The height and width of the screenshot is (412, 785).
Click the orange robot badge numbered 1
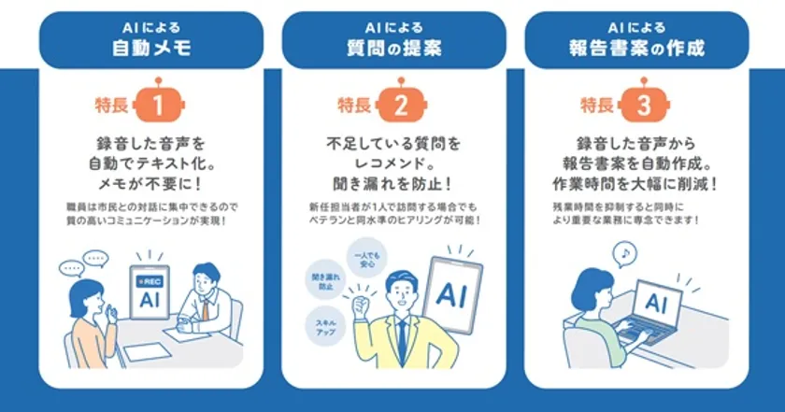[158, 104]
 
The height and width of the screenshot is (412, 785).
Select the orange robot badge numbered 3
[642, 104]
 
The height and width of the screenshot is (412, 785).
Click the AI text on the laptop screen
[656, 303]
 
